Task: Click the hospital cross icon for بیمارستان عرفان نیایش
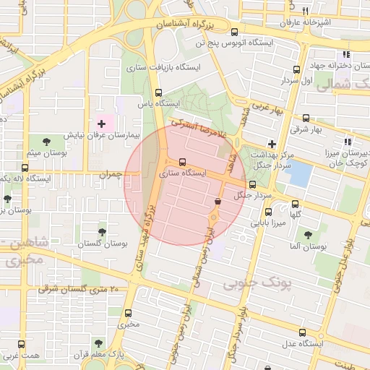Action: point(101,124)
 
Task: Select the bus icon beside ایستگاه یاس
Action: point(159,92)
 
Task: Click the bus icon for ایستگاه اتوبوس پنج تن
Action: point(233,32)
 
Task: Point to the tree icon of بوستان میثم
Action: point(47,141)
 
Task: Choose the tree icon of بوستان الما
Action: point(308,235)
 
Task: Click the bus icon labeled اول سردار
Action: point(296,70)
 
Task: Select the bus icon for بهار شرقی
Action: point(306,119)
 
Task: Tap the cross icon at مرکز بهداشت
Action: point(272,144)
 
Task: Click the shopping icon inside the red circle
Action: point(218,201)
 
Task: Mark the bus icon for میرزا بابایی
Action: point(268,212)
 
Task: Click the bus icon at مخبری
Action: point(129,314)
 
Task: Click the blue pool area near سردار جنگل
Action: point(299,173)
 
